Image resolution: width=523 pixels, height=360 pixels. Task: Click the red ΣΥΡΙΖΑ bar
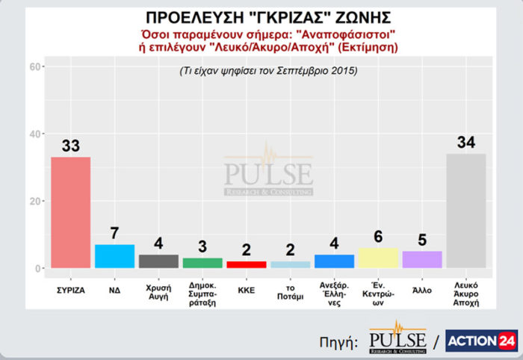pos(70,212)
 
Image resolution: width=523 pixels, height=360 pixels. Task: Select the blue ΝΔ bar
pos(114,255)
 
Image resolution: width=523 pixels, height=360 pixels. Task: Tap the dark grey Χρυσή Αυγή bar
pos(158,261)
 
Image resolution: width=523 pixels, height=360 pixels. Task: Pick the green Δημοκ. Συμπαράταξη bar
pos(202,262)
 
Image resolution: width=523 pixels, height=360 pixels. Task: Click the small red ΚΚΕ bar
pos(246,264)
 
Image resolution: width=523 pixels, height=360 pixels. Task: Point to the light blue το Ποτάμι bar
pos(290,264)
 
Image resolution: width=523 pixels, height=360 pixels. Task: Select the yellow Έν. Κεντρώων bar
pos(378,258)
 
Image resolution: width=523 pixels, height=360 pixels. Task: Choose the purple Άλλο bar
pos(422,259)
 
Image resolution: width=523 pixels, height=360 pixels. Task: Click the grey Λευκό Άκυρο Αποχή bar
pos(465,211)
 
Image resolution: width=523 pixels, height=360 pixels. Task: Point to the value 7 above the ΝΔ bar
pos(114,233)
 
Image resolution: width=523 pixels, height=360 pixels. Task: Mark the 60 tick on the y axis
pos(35,67)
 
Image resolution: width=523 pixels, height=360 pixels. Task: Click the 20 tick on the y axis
pos(35,201)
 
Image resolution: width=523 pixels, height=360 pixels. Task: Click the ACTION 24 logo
pos(481,340)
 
